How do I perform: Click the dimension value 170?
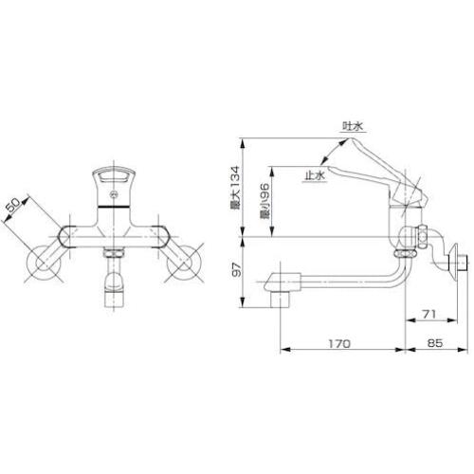pos(339,343)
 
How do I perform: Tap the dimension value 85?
pos(434,343)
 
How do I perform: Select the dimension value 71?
pos(429,314)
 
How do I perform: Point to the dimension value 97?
pos(237,269)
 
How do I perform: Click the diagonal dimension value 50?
pos(16,205)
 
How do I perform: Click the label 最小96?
pos(264,202)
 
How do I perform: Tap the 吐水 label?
pos(353,126)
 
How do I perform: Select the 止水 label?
pos(315,175)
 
